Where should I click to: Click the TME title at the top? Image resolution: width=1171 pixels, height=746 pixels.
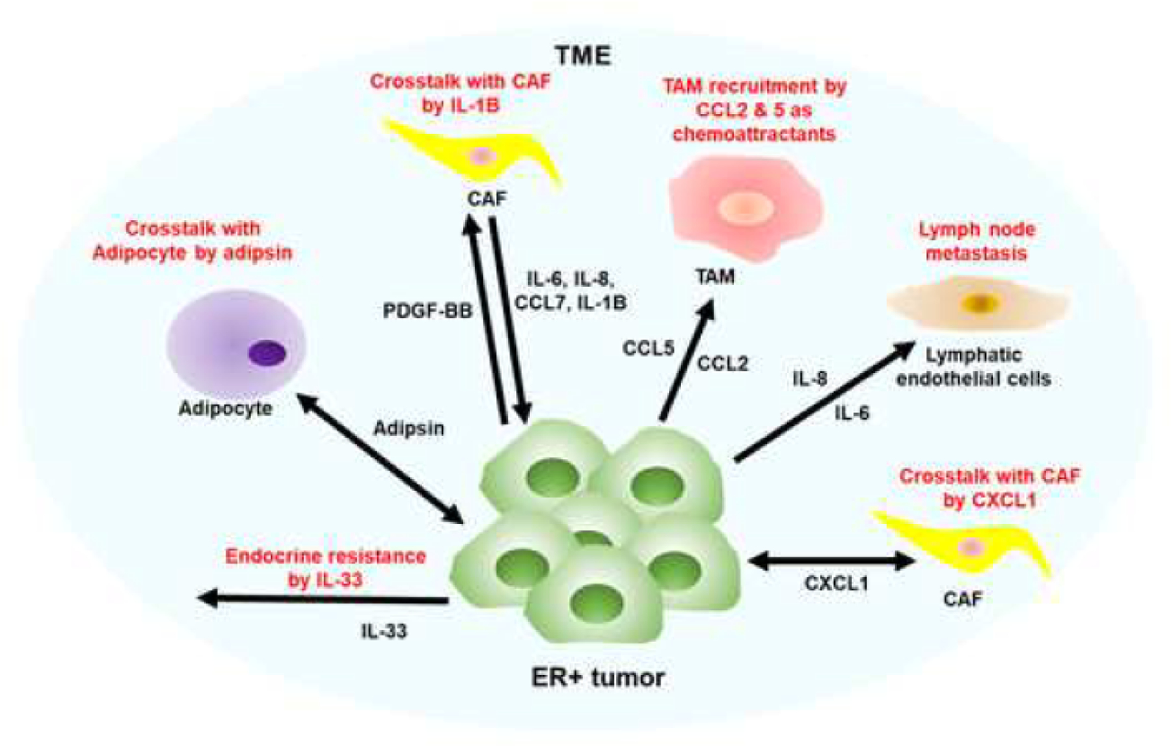583,56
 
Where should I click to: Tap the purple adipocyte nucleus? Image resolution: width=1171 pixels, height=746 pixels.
267,354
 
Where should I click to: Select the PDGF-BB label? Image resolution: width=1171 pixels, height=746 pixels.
427,311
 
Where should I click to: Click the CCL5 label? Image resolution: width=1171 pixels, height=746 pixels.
648,349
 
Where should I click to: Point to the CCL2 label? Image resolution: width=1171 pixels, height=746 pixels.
722,364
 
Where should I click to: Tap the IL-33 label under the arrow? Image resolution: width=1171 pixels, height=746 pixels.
384,630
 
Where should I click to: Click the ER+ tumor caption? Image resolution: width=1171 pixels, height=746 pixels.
598,678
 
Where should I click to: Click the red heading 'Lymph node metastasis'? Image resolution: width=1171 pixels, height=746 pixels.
976,241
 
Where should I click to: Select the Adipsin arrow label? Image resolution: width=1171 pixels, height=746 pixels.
409,429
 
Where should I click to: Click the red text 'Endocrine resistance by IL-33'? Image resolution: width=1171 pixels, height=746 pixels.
325,568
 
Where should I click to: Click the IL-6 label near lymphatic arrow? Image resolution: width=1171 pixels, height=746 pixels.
852,413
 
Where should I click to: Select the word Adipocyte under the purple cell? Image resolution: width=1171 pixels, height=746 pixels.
225,408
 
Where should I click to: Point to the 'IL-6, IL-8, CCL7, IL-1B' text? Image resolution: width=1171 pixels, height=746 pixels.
571,291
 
